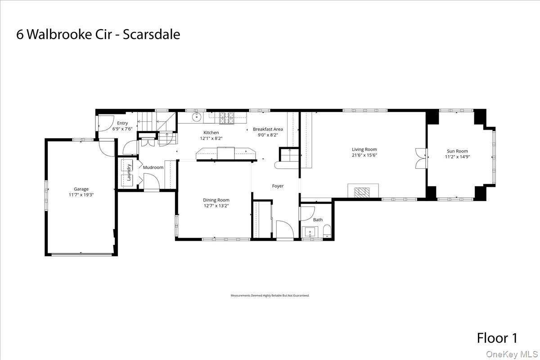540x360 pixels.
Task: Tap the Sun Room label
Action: click(457, 151)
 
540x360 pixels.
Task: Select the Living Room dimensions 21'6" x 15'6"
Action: click(364, 155)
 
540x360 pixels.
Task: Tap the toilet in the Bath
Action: click(327, 232)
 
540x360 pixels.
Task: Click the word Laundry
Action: click(129, 172)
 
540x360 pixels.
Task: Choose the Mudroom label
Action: click(153, 167)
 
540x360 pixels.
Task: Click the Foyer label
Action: click(278, 186)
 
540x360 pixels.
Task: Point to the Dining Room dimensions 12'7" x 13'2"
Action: click(216, 206)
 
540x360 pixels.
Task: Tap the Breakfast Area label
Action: click(268, 129)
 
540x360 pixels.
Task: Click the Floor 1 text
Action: click(497, 338)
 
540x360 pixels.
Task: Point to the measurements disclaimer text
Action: click(270, 296)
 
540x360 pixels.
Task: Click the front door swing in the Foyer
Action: click(283, 230)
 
